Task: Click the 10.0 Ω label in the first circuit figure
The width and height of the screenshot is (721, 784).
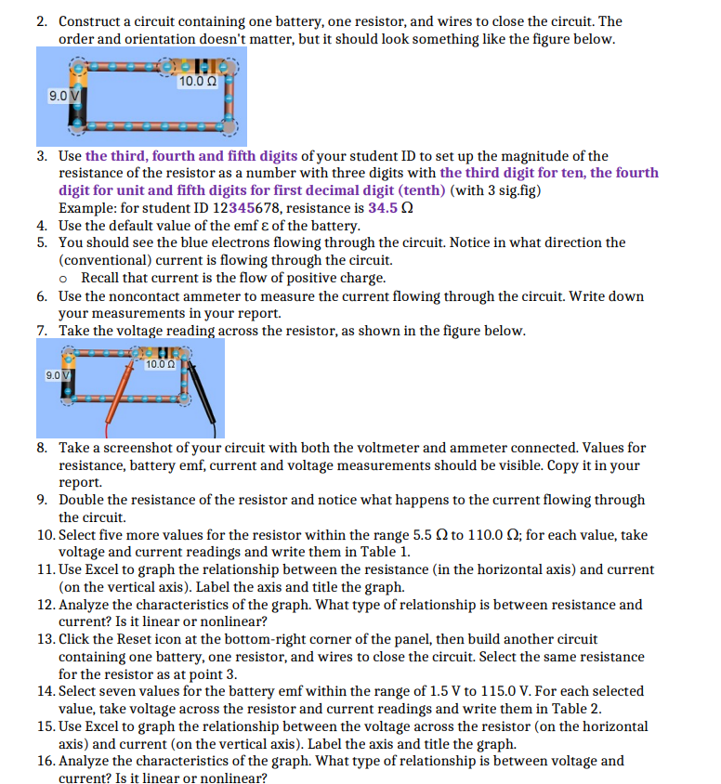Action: point(197,82)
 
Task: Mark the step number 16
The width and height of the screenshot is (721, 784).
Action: point(46,760)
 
